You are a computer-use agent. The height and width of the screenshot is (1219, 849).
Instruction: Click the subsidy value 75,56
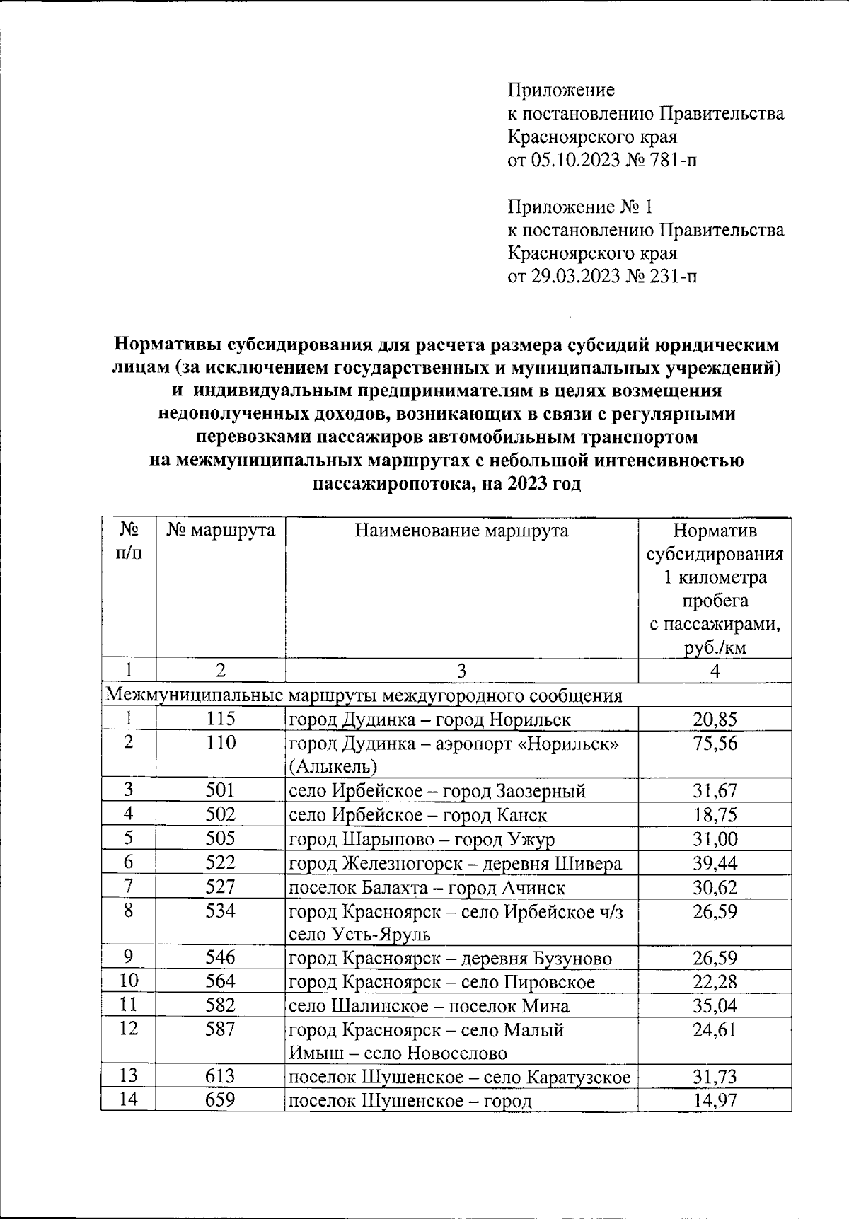pyautogui.click(x=715, y=744)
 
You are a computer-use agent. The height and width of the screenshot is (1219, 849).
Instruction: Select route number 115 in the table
pyautogui.click(x=220, y=720)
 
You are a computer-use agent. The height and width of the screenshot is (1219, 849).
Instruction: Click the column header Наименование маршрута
pyautogui.click(x=461, y=531)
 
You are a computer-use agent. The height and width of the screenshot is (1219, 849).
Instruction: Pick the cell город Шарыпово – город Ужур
pyautogui.click(x=422, y=839)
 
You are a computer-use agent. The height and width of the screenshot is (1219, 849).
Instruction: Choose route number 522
pyautogui.click(x=220, y=862)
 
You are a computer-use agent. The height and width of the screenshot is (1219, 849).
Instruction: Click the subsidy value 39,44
pyautogui.click(x=715, y=863)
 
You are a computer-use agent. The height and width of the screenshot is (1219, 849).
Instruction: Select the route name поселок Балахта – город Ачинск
pyautogui.click(x=427, y=887)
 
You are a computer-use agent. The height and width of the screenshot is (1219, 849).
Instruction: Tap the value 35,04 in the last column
pyautogui.click(x=715, y=1006)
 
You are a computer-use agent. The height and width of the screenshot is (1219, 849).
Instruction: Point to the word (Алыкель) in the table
pyautogui.click(x=332, y=766)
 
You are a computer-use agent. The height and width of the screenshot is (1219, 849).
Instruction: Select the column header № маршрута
pyautogui.click(x=220, y=531)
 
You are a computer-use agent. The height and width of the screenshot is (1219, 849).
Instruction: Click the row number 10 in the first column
pyautogui.click(x=128, y=981)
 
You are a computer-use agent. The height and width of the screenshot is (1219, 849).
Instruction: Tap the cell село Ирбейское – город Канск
pyautogui.click(x=417, y=815)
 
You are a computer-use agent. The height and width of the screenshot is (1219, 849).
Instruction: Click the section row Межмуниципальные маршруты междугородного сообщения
pyautogui.click(x=364, y=695)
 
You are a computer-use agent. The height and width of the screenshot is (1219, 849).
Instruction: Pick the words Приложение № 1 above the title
pyautogui.click(x=580, y=207)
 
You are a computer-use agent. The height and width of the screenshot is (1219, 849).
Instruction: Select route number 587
pyautogui.click(x=220, y=1029)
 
